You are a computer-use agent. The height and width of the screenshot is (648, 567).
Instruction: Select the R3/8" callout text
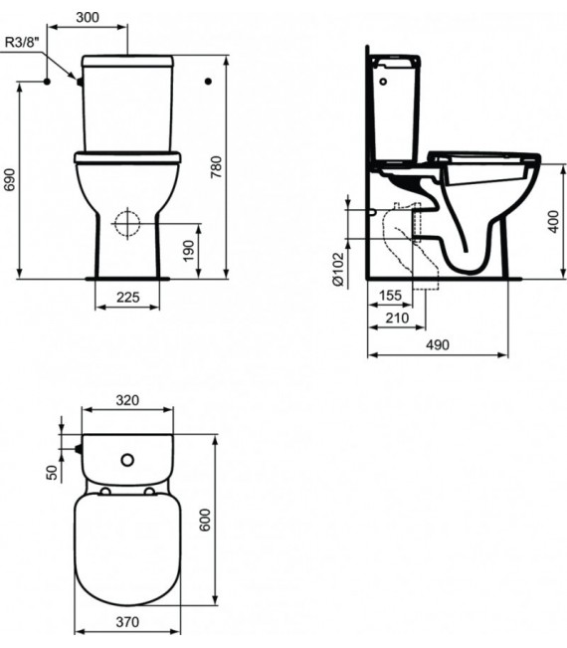pos(22,42)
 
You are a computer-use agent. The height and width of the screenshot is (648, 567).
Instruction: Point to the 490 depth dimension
pos(438,344)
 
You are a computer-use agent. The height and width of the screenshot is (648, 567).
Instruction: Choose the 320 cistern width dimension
pos(127,400)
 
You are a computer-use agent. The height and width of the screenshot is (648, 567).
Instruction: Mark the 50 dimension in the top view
pos(53,472)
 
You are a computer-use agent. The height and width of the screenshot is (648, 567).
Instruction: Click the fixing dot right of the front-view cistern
pos(208,80)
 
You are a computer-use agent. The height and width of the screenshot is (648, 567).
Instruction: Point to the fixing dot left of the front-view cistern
pos(45,81)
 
